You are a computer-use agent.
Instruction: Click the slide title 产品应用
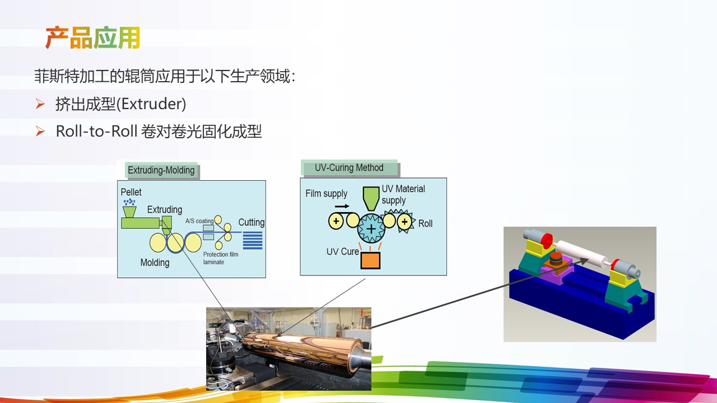[x=93, y=38]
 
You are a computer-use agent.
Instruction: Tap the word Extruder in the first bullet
[x=152, y=104]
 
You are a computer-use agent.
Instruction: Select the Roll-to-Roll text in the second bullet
[x=97, y=131]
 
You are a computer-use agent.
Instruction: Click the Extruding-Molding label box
[x=161, y=170]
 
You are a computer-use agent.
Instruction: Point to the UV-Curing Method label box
[x=349, y=167]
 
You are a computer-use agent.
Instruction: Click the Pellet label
[x=131, y=192]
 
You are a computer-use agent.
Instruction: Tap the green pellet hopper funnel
[x=129, y=212]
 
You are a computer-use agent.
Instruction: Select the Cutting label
[x=252, y=222]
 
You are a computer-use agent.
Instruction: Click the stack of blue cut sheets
[x=253, y=241]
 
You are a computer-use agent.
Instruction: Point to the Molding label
[x=155, y=263]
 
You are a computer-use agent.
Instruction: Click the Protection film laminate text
[x=221, y=258]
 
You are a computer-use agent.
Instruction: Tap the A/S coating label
[x=199, y=221]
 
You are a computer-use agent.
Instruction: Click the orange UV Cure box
[x=370, y=260]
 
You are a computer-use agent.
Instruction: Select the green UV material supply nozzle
[x=371, y=198]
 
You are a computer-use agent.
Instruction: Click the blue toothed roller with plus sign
[x=371, y=229]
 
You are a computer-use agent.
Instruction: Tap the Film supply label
[x=326, y=194]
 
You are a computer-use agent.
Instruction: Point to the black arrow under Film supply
[x=342, y=207]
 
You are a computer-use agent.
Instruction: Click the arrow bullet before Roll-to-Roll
[x=40, y=131]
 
